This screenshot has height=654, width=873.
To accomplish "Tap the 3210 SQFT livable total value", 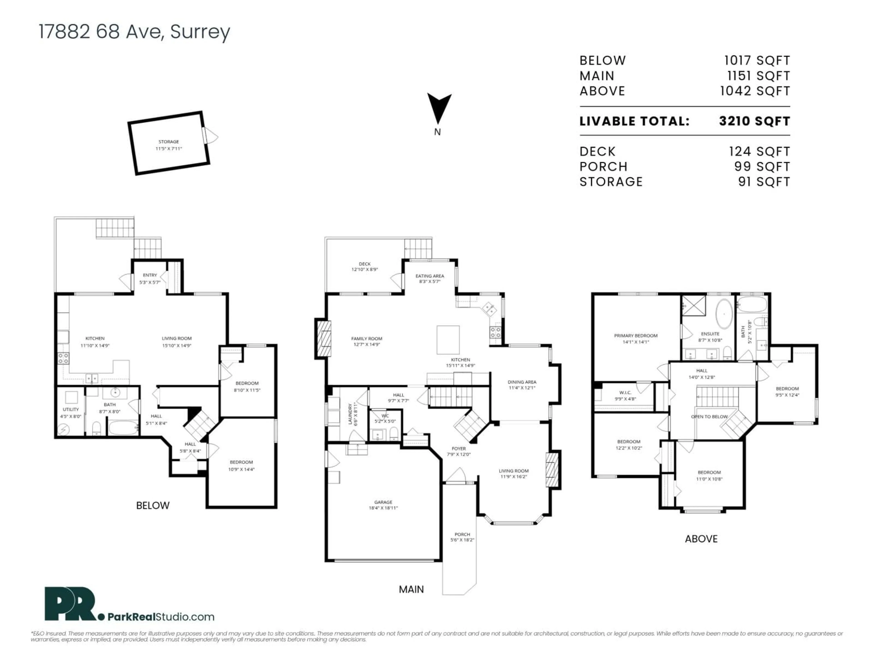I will [754, 121].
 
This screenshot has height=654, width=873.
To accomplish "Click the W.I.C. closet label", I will [625, 395].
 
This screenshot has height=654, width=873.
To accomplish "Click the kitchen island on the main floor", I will [448, 339].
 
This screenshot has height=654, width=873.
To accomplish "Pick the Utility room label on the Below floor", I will [71, 412].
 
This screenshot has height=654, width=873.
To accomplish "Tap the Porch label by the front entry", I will [462, 537].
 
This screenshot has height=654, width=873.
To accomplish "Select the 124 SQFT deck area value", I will [759, 151].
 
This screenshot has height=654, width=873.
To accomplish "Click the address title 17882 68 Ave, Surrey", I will [134, 32].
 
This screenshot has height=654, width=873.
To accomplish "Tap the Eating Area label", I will [429, 278].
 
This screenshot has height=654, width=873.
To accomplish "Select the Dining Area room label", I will [522, 384].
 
